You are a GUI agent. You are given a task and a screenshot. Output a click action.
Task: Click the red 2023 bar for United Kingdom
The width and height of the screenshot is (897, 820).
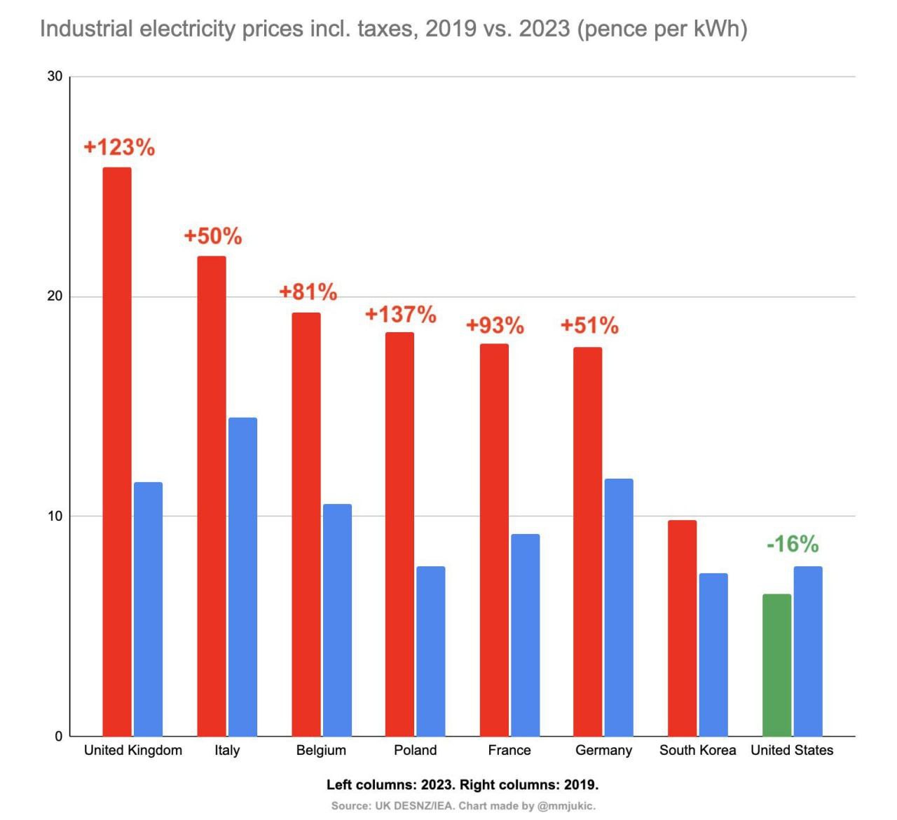[x=117, y=451]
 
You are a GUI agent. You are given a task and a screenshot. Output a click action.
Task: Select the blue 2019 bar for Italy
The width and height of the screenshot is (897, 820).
[x=242, y=576]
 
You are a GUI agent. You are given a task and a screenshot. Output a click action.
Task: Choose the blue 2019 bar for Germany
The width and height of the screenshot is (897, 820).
[x=619, y=607]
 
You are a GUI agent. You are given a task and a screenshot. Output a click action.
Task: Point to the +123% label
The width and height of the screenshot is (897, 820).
[x=119, y=147]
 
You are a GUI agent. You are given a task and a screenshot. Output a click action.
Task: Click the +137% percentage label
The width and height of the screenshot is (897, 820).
[x=400, y=314]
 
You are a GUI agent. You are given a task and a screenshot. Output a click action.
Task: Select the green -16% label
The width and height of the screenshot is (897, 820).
[x=792, y=544]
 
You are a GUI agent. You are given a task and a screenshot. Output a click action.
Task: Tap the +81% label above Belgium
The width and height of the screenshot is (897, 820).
[x=308, y=292]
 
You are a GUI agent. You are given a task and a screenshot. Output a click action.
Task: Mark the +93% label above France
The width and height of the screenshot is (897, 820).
[x=495, y=325]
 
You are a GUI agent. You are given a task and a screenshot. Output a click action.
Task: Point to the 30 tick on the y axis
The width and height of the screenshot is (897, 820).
[x=55, y=76]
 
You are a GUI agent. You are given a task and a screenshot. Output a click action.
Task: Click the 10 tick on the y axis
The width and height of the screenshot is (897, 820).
[x=55, y=517]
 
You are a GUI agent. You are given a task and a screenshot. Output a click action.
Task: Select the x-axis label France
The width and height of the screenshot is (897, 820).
[x=509, y=750]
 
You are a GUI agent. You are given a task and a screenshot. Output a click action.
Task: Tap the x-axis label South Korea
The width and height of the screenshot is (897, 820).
[x=697, y=750]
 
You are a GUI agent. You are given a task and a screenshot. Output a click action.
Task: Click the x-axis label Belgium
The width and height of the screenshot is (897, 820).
[x=321, y=750]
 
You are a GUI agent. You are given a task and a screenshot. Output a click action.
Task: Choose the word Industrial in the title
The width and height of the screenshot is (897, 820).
[x=86, y=29]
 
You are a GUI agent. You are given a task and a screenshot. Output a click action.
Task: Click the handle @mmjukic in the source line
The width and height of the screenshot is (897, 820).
[x=566, y=806]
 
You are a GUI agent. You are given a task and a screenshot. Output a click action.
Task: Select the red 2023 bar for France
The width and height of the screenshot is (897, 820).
[x=494, y=540]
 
